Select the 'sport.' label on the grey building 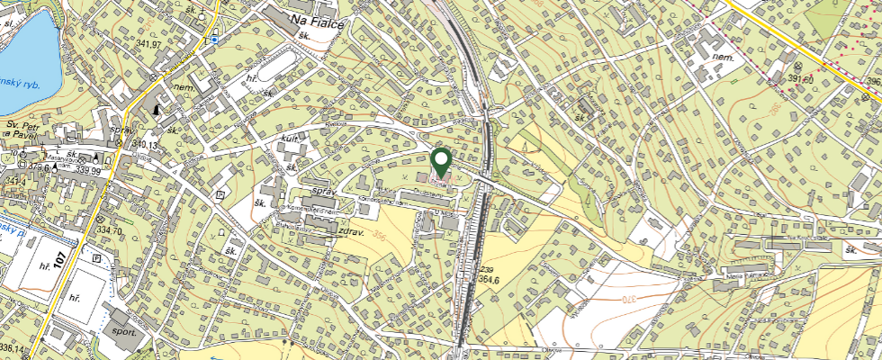[126, 329]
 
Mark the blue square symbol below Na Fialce [215, 40]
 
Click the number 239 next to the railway [487, 270]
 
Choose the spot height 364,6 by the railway [490, 280]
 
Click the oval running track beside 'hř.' [276, 65]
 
